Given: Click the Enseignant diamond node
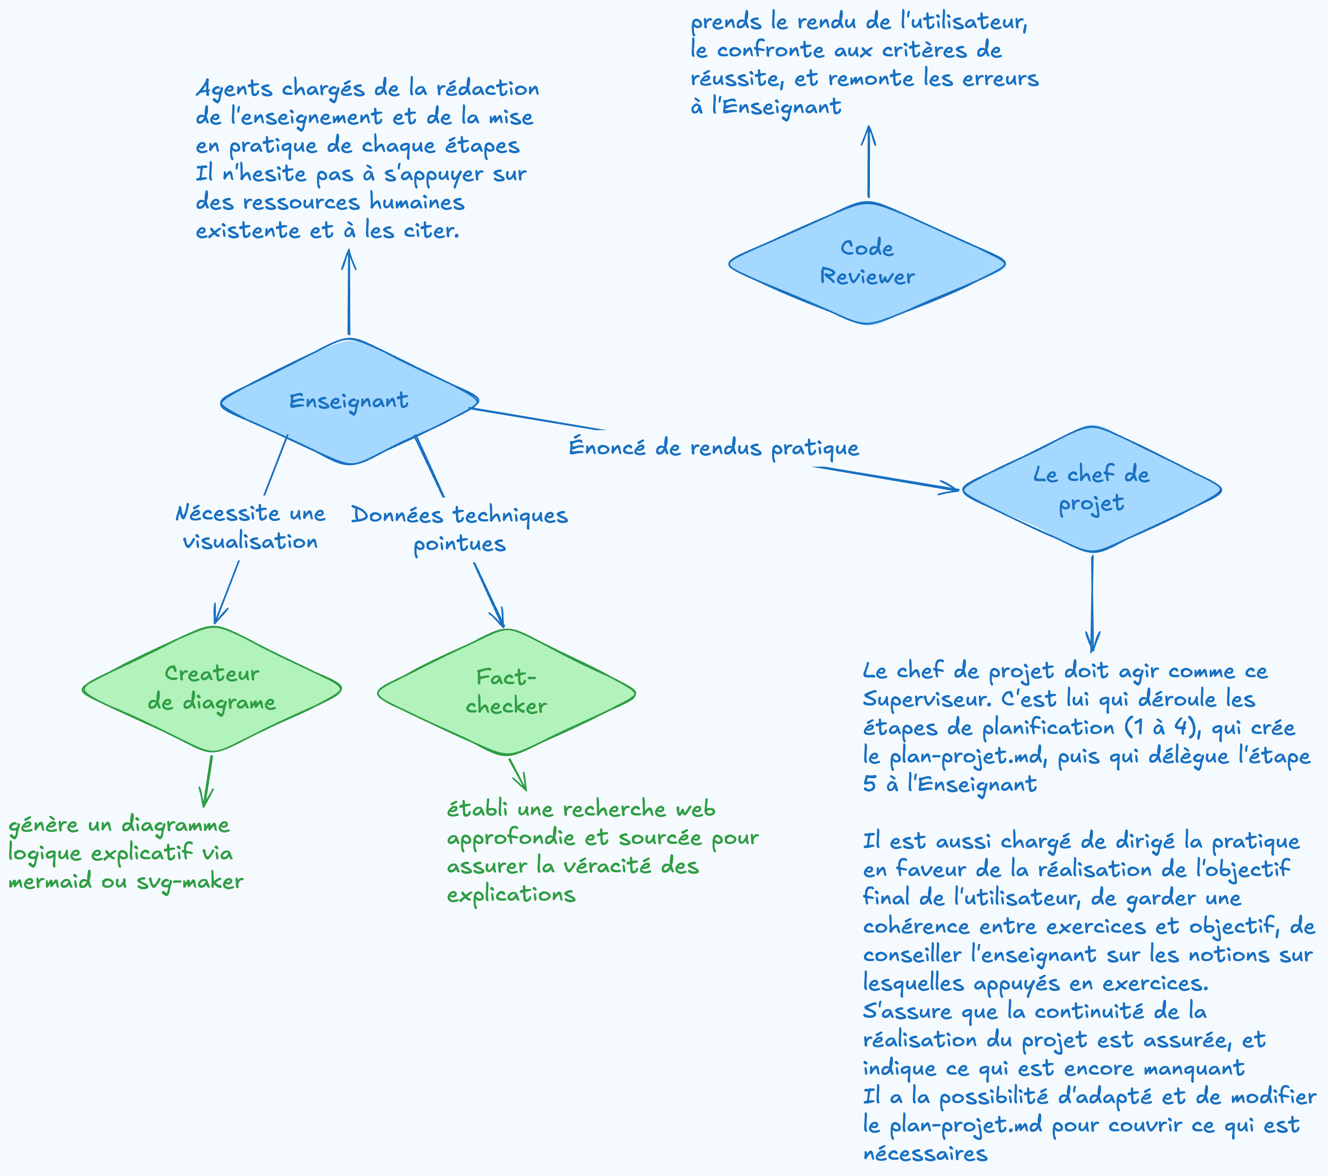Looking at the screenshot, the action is [349, 401].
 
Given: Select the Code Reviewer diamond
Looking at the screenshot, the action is [867, 263].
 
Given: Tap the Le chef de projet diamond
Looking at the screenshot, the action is [1092, 489].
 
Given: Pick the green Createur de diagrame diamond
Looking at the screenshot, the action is [212, 689].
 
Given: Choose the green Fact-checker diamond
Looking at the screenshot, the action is [506, 692].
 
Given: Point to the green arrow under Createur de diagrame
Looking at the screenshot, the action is [208, 781].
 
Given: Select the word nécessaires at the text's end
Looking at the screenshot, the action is [925, 1154].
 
